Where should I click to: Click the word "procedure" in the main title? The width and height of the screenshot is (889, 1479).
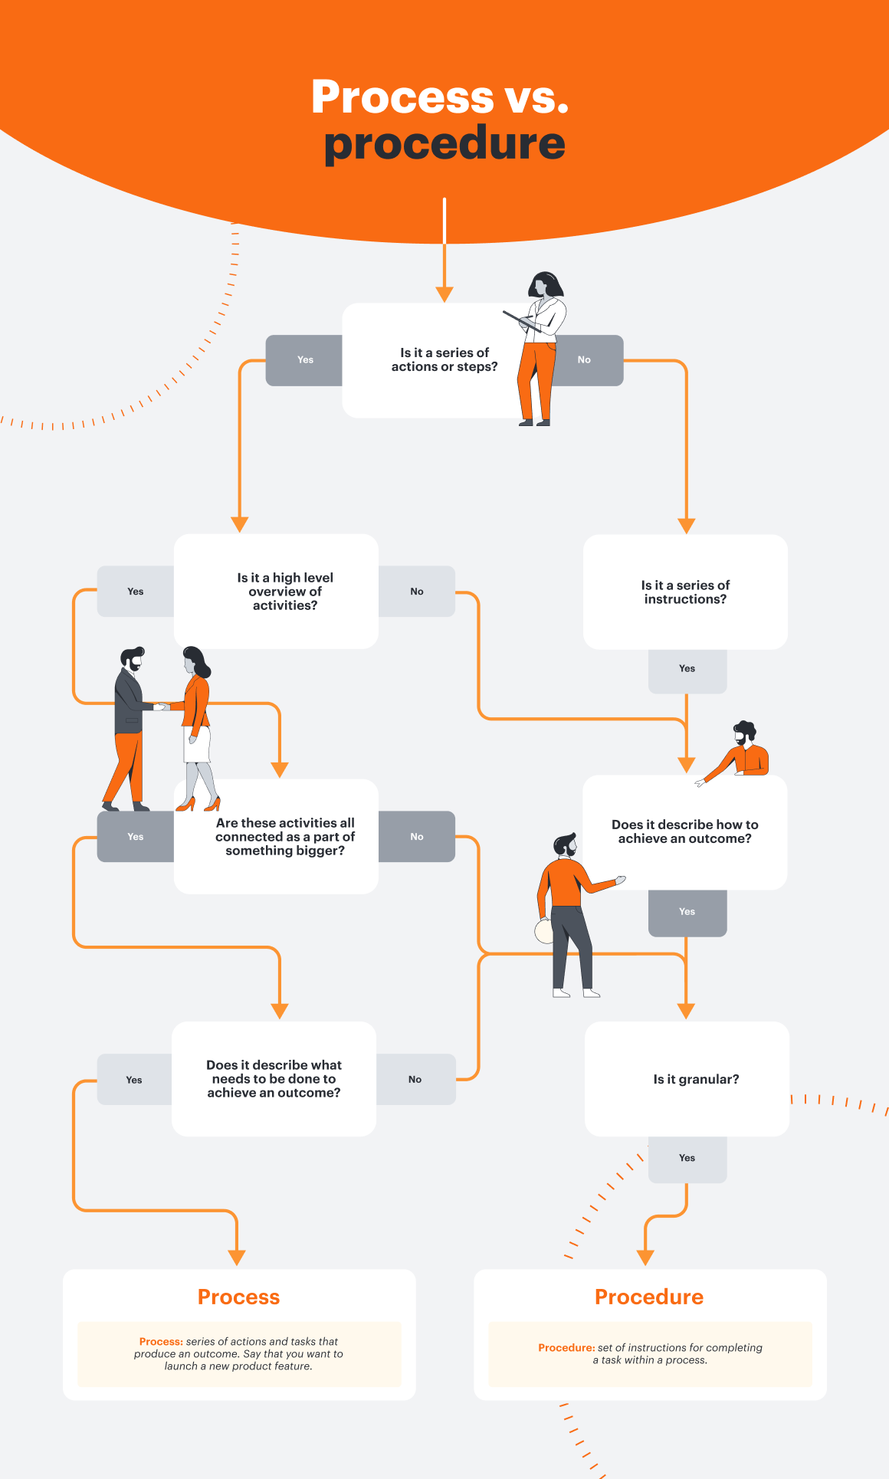pyautogui.click(x=444, y=144)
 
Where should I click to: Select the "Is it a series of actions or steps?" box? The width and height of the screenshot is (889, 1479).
pyautogui.click(x=444, y=359)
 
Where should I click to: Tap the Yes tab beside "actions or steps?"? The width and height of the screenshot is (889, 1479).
pyautogui.click(x=305, y=360)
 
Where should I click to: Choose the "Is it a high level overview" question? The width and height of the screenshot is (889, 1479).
pyautogui.click(x=284, y=591)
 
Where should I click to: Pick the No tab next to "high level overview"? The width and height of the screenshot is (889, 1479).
pyautogui.click(x=417, y=592)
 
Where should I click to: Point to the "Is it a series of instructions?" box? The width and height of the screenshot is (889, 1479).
pyautogui.click(x=685, y=592)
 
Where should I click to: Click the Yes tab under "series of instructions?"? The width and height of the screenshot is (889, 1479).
pyautogui.click(x=687, y=669)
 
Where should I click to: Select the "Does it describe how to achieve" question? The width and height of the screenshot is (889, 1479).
pyautogui.click(x=684, y=831)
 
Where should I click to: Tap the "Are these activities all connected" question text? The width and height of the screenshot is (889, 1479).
pyautogui.click(x=285, y=836)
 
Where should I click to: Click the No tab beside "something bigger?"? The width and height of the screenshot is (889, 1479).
pyautogui.click(x=417, y=837)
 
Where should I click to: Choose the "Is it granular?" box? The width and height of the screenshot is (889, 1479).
pyautogui.click(x=695, y=1079)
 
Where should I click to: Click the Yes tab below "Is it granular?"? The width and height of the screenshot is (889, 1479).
pyautogui.click(x=687, y=1158)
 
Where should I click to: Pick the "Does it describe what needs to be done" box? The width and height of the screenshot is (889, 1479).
pyautogui.click(x=274, y=1079)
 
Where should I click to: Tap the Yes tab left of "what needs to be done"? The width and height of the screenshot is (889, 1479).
pyautogui.click(x=134, y=1080)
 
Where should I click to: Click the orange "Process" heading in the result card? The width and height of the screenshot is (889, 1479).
pyautogui.click(x=238, y=1297)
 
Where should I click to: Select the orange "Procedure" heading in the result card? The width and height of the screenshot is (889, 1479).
pyautogui.click(x=649, y=1297)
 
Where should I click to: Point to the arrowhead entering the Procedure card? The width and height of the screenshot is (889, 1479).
pyautogui.click(x=645, y=1257)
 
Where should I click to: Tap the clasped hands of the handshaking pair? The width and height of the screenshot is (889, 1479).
pyautogui.click(x=162, y=707)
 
